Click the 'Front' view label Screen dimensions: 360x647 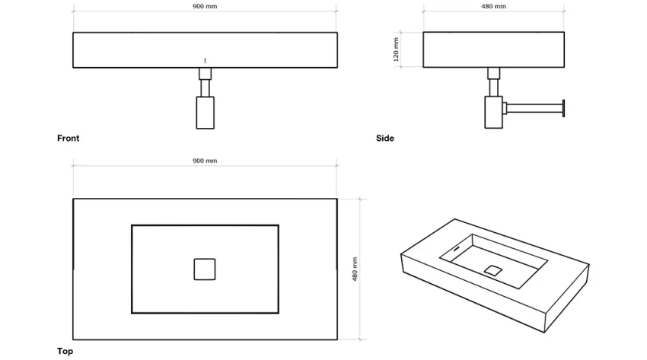68,139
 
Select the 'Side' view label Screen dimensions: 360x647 385,139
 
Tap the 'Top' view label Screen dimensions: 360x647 65,351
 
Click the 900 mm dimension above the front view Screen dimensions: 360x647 205,7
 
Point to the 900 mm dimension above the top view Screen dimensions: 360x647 205,161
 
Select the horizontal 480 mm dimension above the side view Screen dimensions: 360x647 494,7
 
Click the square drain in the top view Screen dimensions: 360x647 205,269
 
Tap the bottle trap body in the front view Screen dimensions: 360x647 206,112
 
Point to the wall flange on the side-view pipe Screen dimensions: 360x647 564,107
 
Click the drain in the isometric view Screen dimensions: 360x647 492,269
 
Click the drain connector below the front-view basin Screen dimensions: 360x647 206,74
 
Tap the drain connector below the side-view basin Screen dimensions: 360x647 493,74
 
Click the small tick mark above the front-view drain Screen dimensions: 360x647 205,59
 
